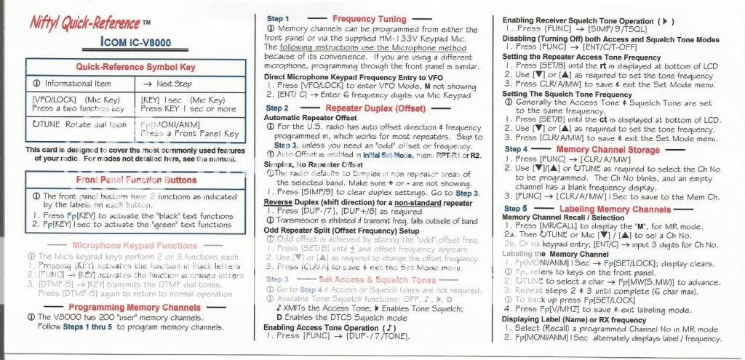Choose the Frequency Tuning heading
click(369, 18)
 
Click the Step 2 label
click(277, 108)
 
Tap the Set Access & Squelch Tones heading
click(378, 279)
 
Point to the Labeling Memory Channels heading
click(615, 209)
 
